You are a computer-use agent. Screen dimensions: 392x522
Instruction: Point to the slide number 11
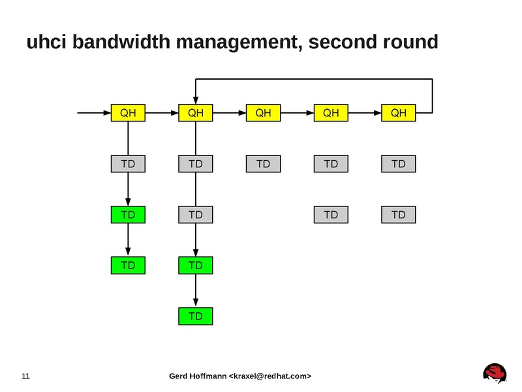click(x=26, y=376)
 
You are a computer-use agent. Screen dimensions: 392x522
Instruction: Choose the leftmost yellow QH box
click(x=128, y=113)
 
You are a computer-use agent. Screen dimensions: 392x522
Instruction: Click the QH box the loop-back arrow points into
click(x=196, y=113)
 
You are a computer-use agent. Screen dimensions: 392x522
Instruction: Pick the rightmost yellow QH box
click(x=398, y=113)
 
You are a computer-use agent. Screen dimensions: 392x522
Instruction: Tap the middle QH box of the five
click(x=263, y=113)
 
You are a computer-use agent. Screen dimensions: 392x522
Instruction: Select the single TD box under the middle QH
click(x=263, y=163)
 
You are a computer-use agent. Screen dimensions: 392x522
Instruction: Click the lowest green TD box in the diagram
click(x=196, y=316)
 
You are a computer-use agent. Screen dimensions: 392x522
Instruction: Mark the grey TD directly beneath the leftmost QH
click(x=128, y=163)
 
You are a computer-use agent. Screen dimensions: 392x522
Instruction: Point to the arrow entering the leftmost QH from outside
click(x=94, y=113)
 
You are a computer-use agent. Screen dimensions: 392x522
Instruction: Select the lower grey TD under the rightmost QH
click(x=398, y=214)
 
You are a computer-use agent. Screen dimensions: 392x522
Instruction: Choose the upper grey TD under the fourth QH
click(x=331, y=163)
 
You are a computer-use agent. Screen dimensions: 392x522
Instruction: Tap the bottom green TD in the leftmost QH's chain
click(x=128, y=265)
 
